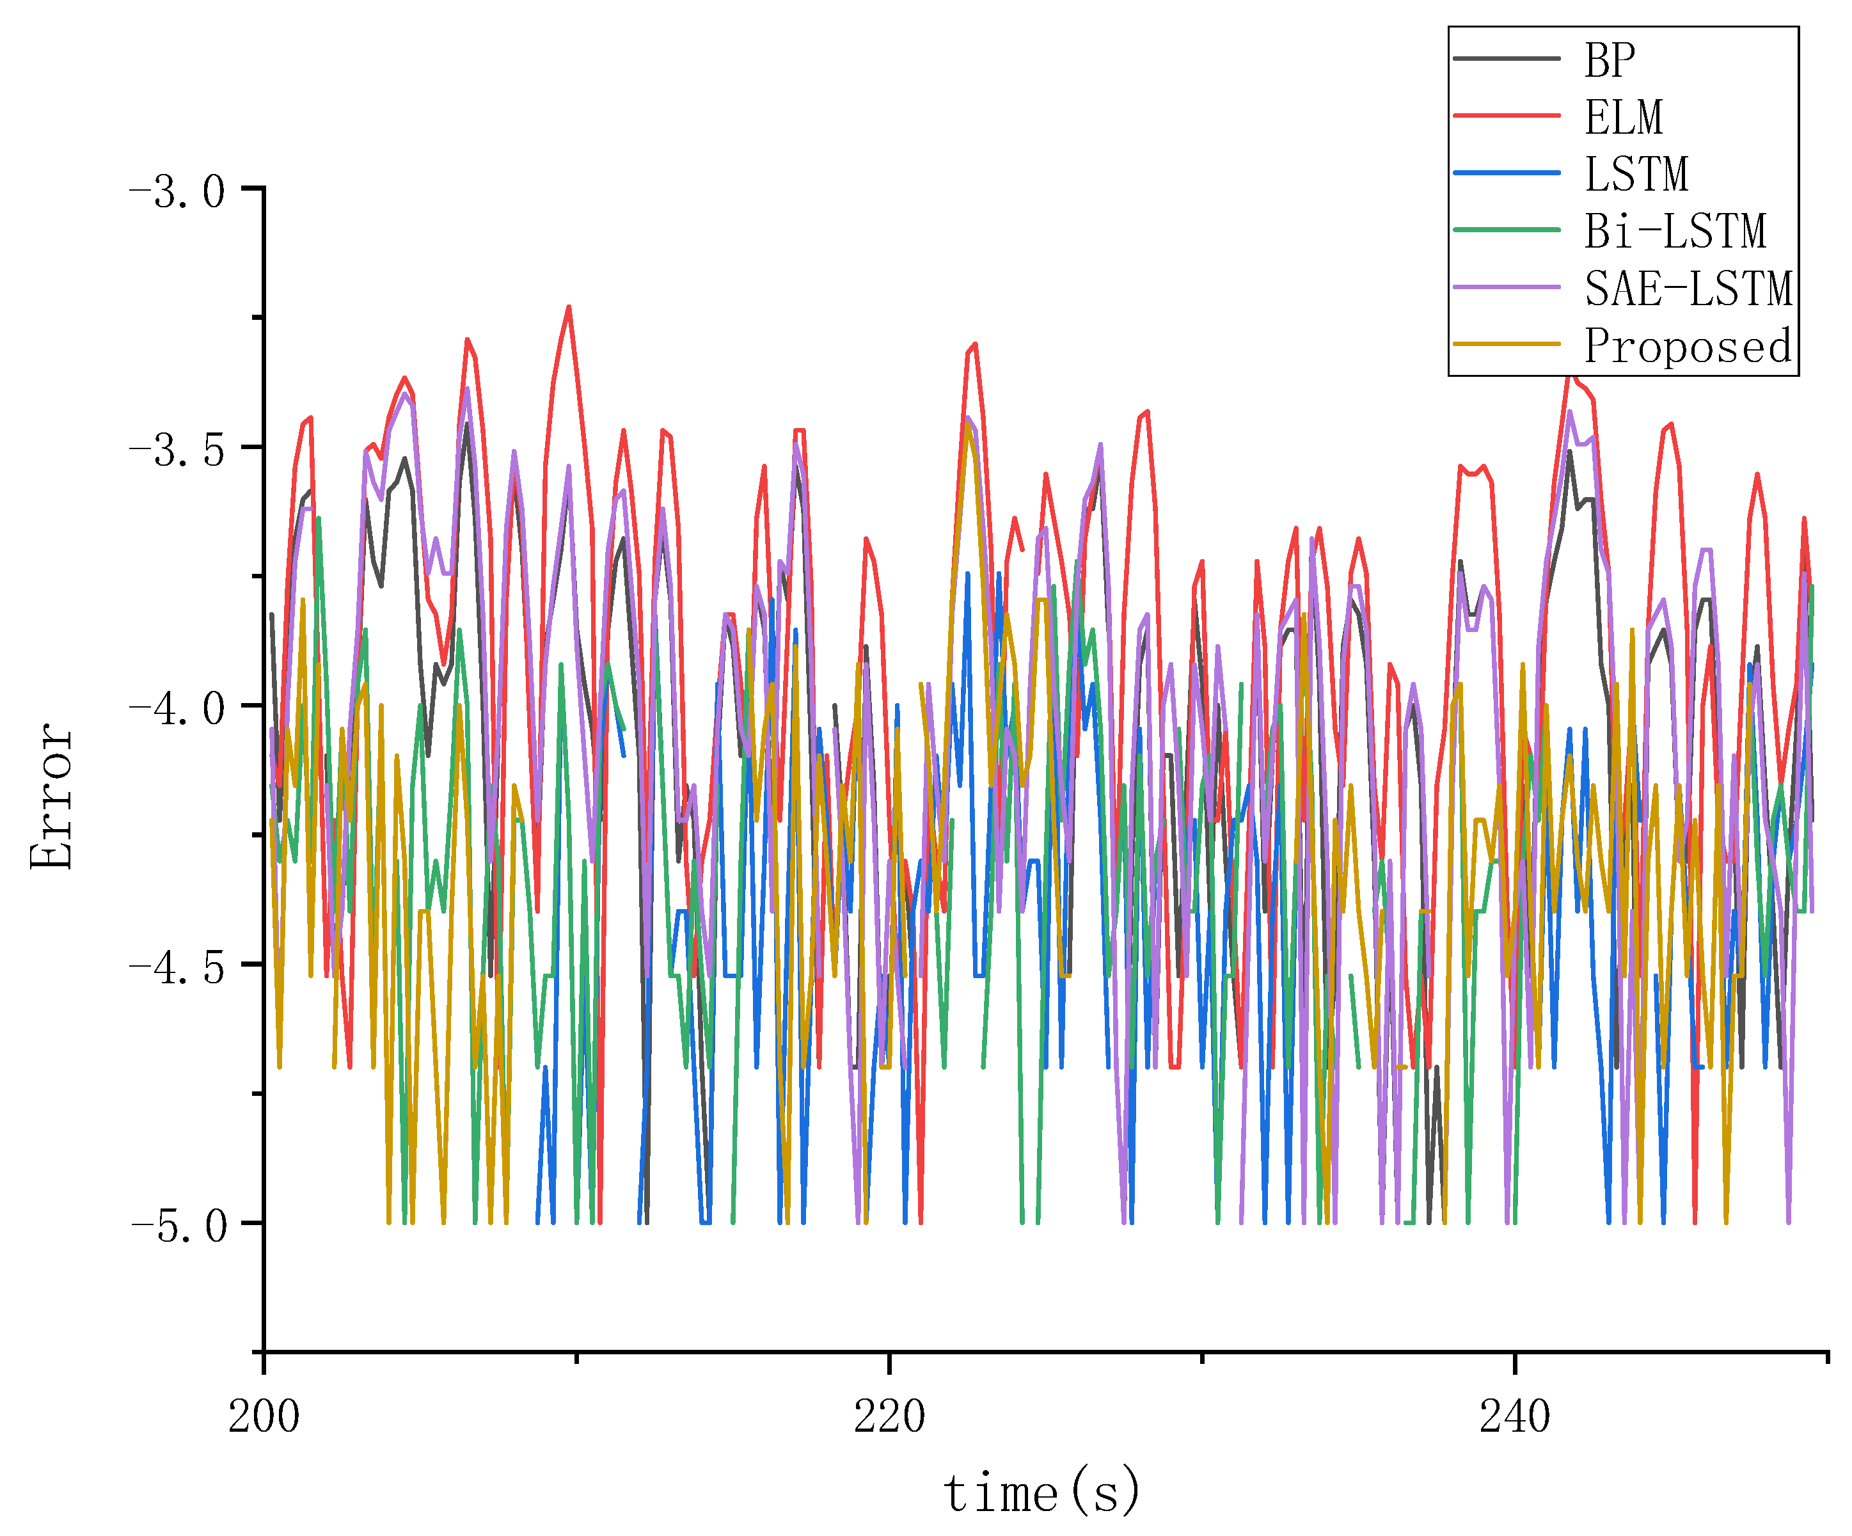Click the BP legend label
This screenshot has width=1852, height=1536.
1610,60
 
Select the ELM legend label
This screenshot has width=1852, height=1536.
1623,117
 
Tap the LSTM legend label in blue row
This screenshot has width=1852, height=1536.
1636,174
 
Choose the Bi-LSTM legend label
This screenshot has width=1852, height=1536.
1675,231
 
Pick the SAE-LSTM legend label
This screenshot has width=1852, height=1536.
1688,289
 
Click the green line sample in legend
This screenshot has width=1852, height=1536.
1507,229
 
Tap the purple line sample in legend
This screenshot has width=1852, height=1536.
1507,287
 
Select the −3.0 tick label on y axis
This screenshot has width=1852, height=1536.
177,191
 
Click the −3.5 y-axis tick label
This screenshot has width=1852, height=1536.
177,450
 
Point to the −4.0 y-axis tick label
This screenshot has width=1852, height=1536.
177,709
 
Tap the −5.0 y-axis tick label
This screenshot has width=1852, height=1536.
177,1226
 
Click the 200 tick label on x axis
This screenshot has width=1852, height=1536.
264,1416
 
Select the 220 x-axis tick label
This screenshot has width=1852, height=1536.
889,1416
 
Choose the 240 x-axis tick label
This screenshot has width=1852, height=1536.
1514,1416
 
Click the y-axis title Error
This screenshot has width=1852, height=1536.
51,796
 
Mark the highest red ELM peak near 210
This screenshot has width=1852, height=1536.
569,308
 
